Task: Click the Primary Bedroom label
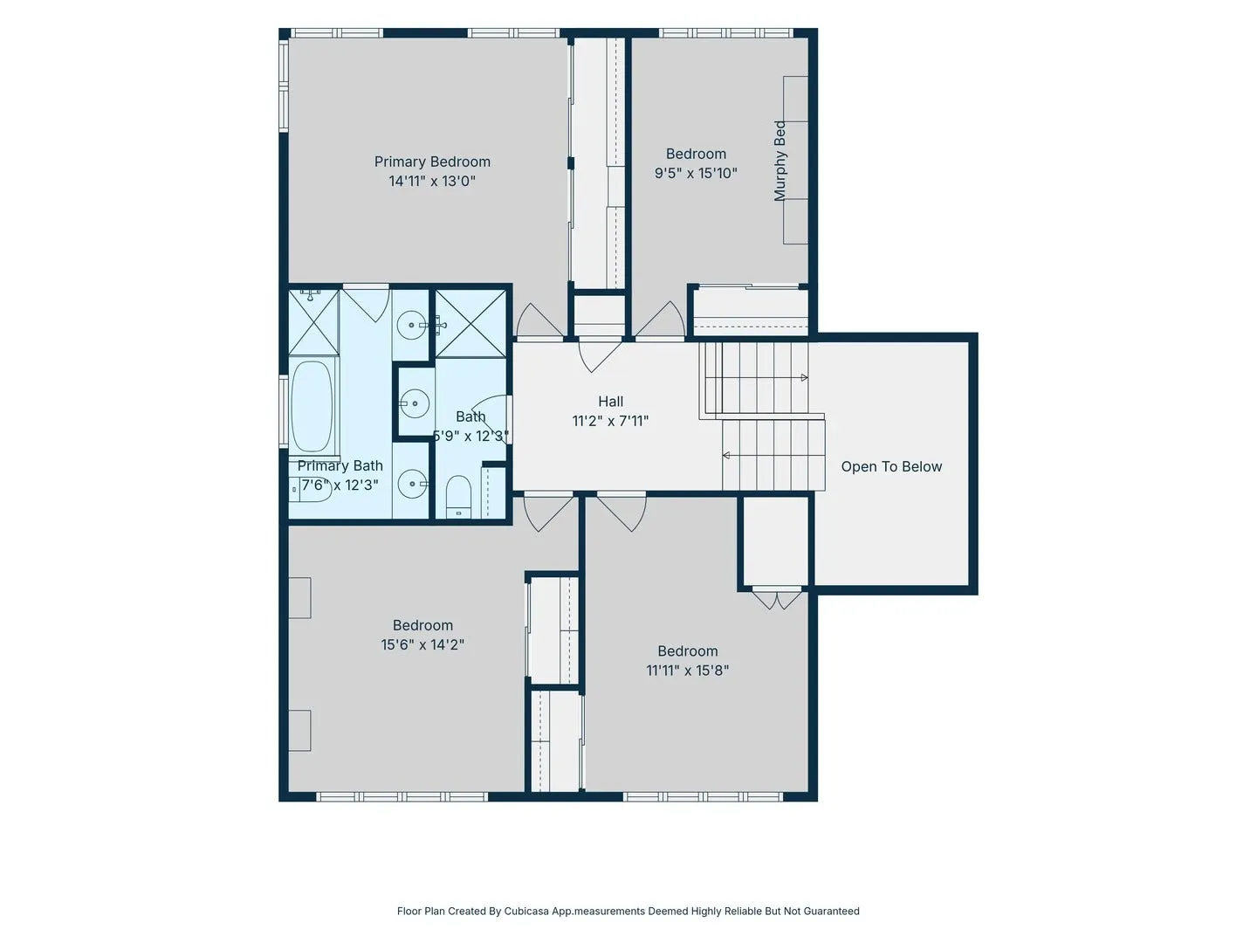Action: click(x=432, y=162)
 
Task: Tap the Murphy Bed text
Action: click(x=780, y=161)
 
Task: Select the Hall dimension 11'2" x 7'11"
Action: click(x=610, y=422)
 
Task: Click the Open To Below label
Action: click(x=891, y=466)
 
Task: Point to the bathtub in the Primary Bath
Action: click(x=312, y=407)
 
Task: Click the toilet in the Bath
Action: click(x=458, y=496)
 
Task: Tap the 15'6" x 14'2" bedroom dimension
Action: click(x=422, y=644)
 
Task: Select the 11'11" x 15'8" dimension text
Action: click(x=687, y=671)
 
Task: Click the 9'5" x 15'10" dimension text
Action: click(x=696, y=173)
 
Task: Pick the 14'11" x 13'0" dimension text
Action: click(x=432, y=182)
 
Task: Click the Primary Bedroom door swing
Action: click(x=539, y=320)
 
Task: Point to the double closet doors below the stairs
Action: click(x=776, y=598)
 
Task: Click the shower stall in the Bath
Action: click(x=471, y=323)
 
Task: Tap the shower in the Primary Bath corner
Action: click(x=313, y=322)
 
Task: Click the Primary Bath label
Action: click(x=340, y=466)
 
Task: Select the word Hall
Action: click(x=610, y=402)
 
